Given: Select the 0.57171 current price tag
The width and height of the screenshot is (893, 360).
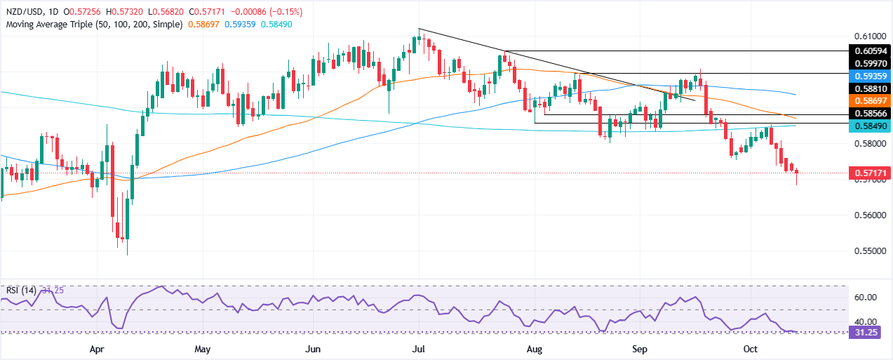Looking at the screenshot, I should [869, 173].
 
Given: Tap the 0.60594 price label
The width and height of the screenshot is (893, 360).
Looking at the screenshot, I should [869, 51].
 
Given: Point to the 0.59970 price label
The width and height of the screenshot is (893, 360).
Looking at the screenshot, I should [869, 62].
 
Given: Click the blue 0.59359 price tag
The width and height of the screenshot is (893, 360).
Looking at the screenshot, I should [869, 74].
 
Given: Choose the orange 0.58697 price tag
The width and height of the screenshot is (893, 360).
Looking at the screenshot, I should [869, 101].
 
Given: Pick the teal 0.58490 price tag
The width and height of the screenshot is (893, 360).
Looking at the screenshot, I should [869, 127].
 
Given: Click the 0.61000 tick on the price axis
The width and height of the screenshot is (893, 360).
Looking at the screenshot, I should [868, 36].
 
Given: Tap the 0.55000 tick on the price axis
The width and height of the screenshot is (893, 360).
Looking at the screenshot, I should [868, 251].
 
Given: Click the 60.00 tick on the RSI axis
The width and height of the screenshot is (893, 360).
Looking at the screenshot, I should [868, 298].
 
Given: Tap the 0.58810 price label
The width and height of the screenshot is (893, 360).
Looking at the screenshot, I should [869, 88].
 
